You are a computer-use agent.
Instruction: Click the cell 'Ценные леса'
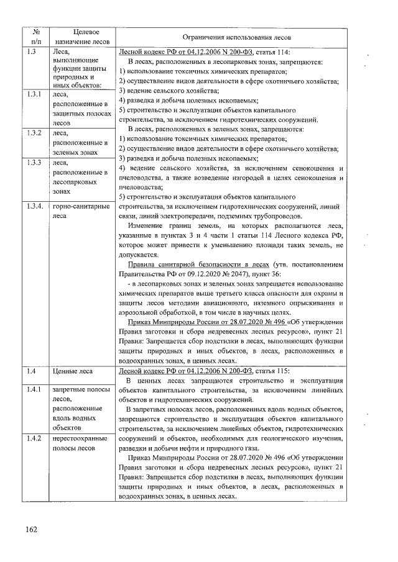click(73, 371)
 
